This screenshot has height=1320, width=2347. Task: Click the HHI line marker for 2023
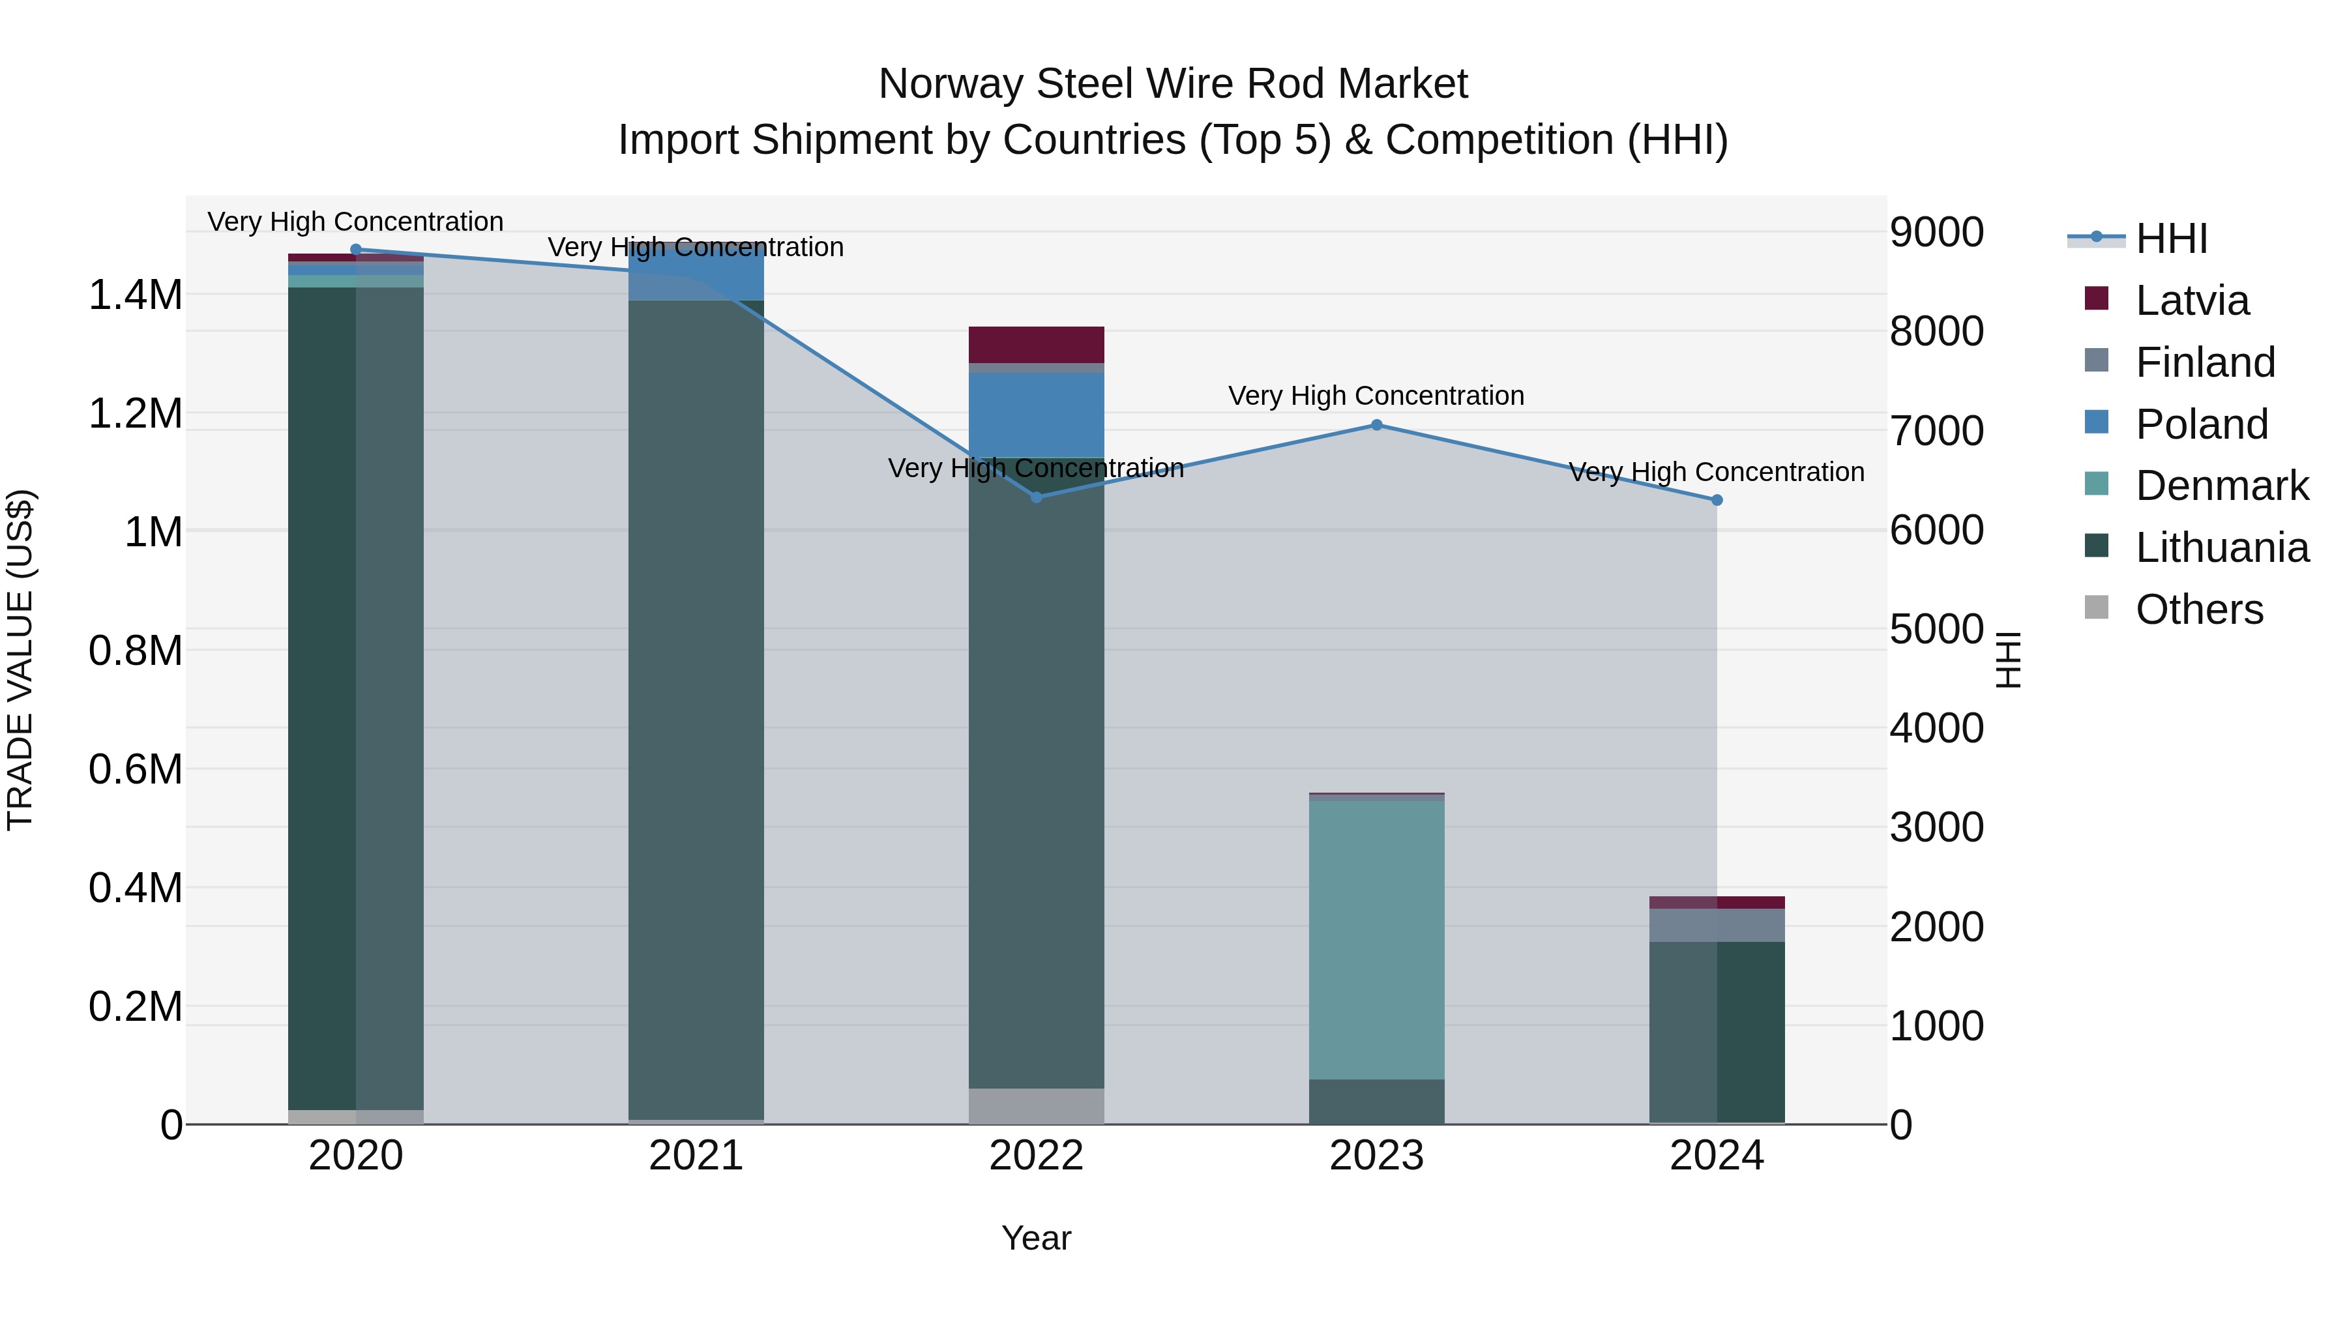click(1377, 424)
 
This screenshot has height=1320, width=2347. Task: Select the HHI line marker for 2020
click(356, 250)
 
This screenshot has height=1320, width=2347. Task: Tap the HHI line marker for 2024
click(1717, 500)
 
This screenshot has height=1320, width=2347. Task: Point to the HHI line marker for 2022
click(1036, 497)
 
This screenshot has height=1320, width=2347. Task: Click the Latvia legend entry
click(2191, 301)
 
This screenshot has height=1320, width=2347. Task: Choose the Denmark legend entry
click(2221, 486)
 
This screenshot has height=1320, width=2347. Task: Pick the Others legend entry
click(2198, 609)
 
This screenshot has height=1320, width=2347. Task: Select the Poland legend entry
click(2201, 424)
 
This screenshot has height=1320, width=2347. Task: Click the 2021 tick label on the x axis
click(696, 1156)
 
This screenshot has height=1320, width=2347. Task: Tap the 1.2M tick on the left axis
click(136, 413)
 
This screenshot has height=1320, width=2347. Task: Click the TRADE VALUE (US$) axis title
click(21, 660)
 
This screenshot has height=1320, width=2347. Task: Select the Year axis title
click(1036, 1238)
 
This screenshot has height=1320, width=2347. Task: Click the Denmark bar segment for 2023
click(1377, 938)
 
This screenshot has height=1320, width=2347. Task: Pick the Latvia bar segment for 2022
click(1036, 344)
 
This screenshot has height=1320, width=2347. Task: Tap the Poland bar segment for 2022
click(1036, 415)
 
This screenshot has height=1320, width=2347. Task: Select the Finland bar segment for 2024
click(1717, 924)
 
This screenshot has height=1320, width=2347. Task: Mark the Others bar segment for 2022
click(1036, 1106)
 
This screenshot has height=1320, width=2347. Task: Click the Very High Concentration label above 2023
click(1376, 396)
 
